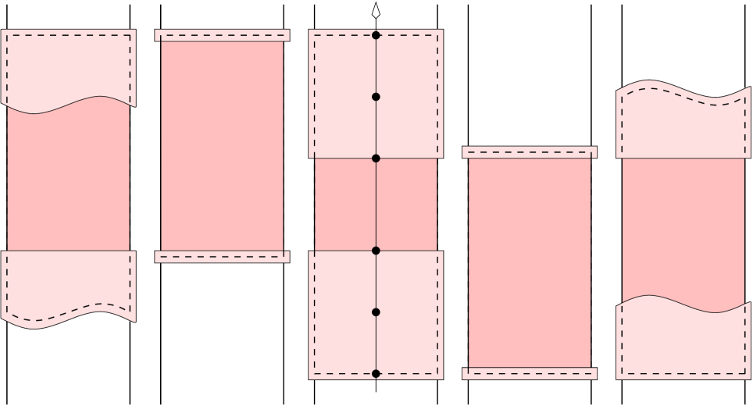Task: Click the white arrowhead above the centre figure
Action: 376,11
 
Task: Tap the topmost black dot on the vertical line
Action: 376,35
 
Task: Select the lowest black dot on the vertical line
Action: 376,373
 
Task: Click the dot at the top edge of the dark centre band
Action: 376,158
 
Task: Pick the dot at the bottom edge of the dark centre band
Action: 376,251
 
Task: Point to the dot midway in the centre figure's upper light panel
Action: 376,97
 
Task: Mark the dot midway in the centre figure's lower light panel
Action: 376,312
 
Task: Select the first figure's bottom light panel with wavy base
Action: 68,285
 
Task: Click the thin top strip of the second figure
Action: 222,35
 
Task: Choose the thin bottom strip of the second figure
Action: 222,256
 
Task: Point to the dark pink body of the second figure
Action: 222,146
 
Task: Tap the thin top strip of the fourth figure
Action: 529,152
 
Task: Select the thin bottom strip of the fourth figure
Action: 529,373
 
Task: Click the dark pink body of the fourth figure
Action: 529,262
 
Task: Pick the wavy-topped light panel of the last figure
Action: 683,125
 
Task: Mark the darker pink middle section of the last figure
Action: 683,226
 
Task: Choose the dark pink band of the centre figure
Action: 406,205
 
